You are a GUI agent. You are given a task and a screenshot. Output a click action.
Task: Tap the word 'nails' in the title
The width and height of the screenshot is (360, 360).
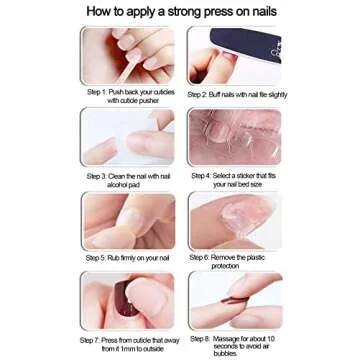tap(257, 13)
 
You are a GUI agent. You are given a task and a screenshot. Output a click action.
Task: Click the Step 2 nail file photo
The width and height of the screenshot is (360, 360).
tap(235, 56)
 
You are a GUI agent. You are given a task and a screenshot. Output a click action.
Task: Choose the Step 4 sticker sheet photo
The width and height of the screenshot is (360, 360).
tap(235, 137)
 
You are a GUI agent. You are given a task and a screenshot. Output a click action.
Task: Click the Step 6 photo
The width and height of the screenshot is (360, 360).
tap(235, 220)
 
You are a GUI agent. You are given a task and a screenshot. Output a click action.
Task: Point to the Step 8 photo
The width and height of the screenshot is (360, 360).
tap(235, 301)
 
